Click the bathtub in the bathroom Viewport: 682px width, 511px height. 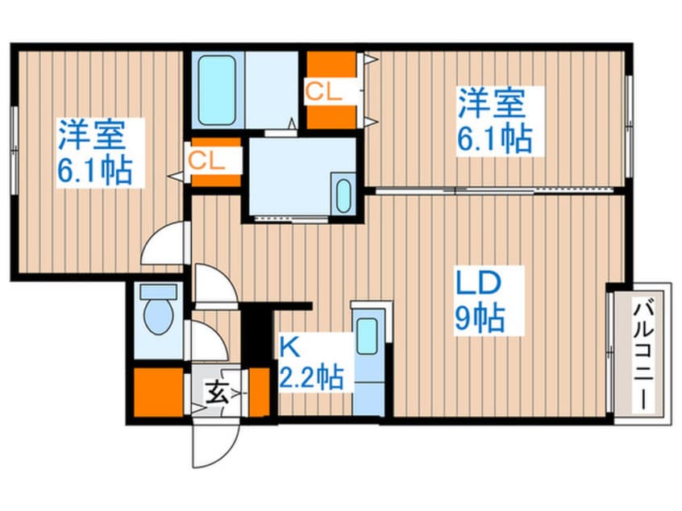pos(217,90)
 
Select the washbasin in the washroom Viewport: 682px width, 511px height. pos(343,196)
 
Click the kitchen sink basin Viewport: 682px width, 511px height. pos(368,336)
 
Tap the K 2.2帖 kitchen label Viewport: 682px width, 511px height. pos(311,364)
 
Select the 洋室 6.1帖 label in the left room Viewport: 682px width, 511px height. pos(95,152)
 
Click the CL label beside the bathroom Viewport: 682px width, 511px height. pos(323,92)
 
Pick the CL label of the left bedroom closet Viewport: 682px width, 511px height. pos(207,161)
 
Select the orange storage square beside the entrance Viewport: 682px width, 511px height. pos(158,393)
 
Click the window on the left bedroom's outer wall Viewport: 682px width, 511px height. pos(15,150)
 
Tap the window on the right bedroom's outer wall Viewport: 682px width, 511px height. pos(629,126)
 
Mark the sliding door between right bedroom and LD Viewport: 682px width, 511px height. pos(494,190)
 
